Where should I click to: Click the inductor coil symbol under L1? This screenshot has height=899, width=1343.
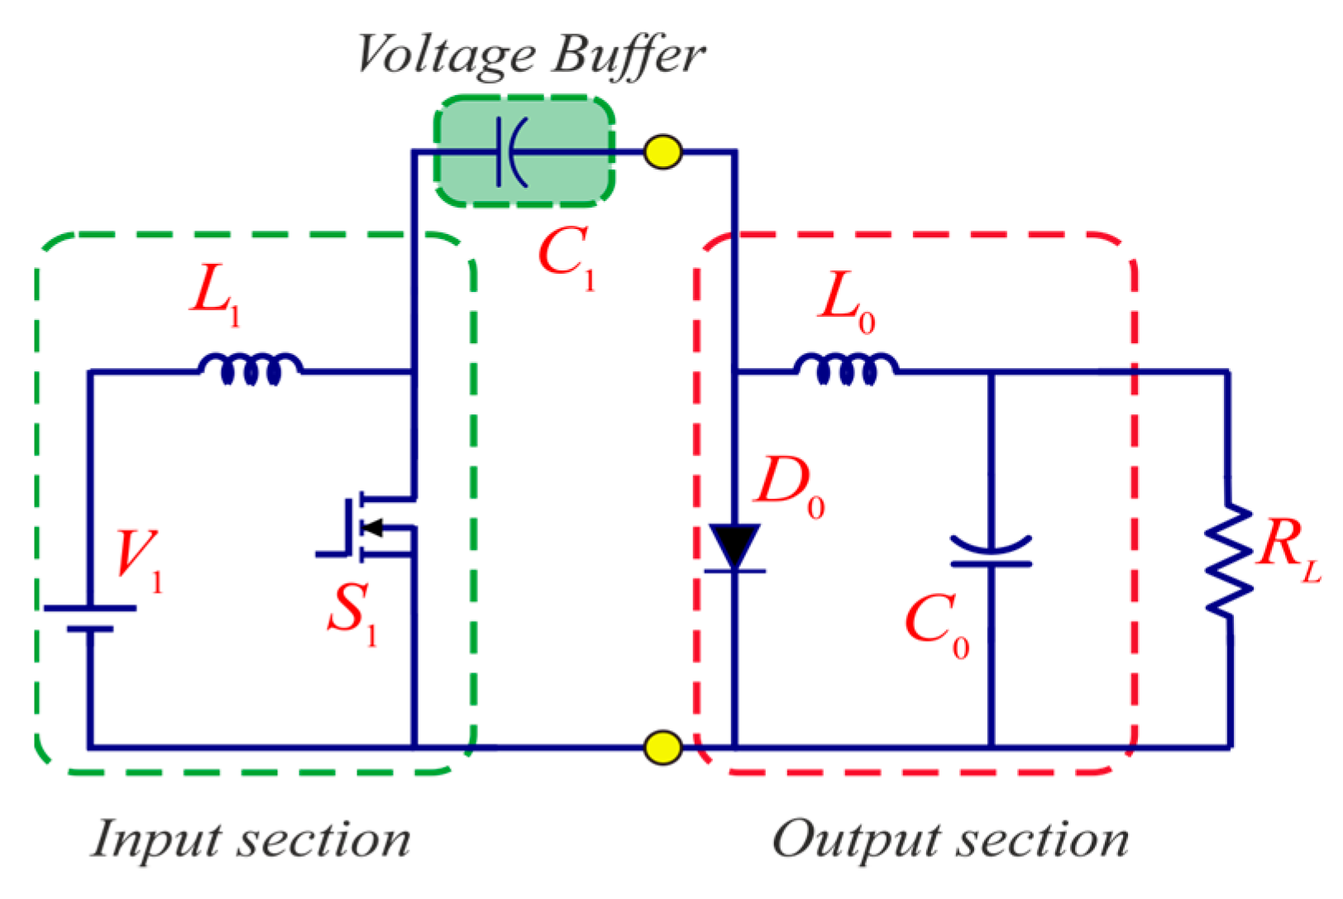pos(251,369)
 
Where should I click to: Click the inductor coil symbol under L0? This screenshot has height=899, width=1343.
pos(845,369)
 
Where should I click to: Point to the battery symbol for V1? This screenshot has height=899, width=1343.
pos(89,618)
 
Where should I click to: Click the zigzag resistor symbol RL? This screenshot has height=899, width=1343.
pos(1229,560)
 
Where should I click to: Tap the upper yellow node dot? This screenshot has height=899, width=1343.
pos(662,152)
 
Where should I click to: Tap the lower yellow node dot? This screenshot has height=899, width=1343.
pos(662,747)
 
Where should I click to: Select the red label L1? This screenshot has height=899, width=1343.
pos(215,294)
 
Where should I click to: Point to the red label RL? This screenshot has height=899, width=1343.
pos(1287,548)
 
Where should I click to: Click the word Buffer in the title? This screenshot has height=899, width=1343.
pos(628,56)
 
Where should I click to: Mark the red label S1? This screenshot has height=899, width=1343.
pos(351,612)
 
